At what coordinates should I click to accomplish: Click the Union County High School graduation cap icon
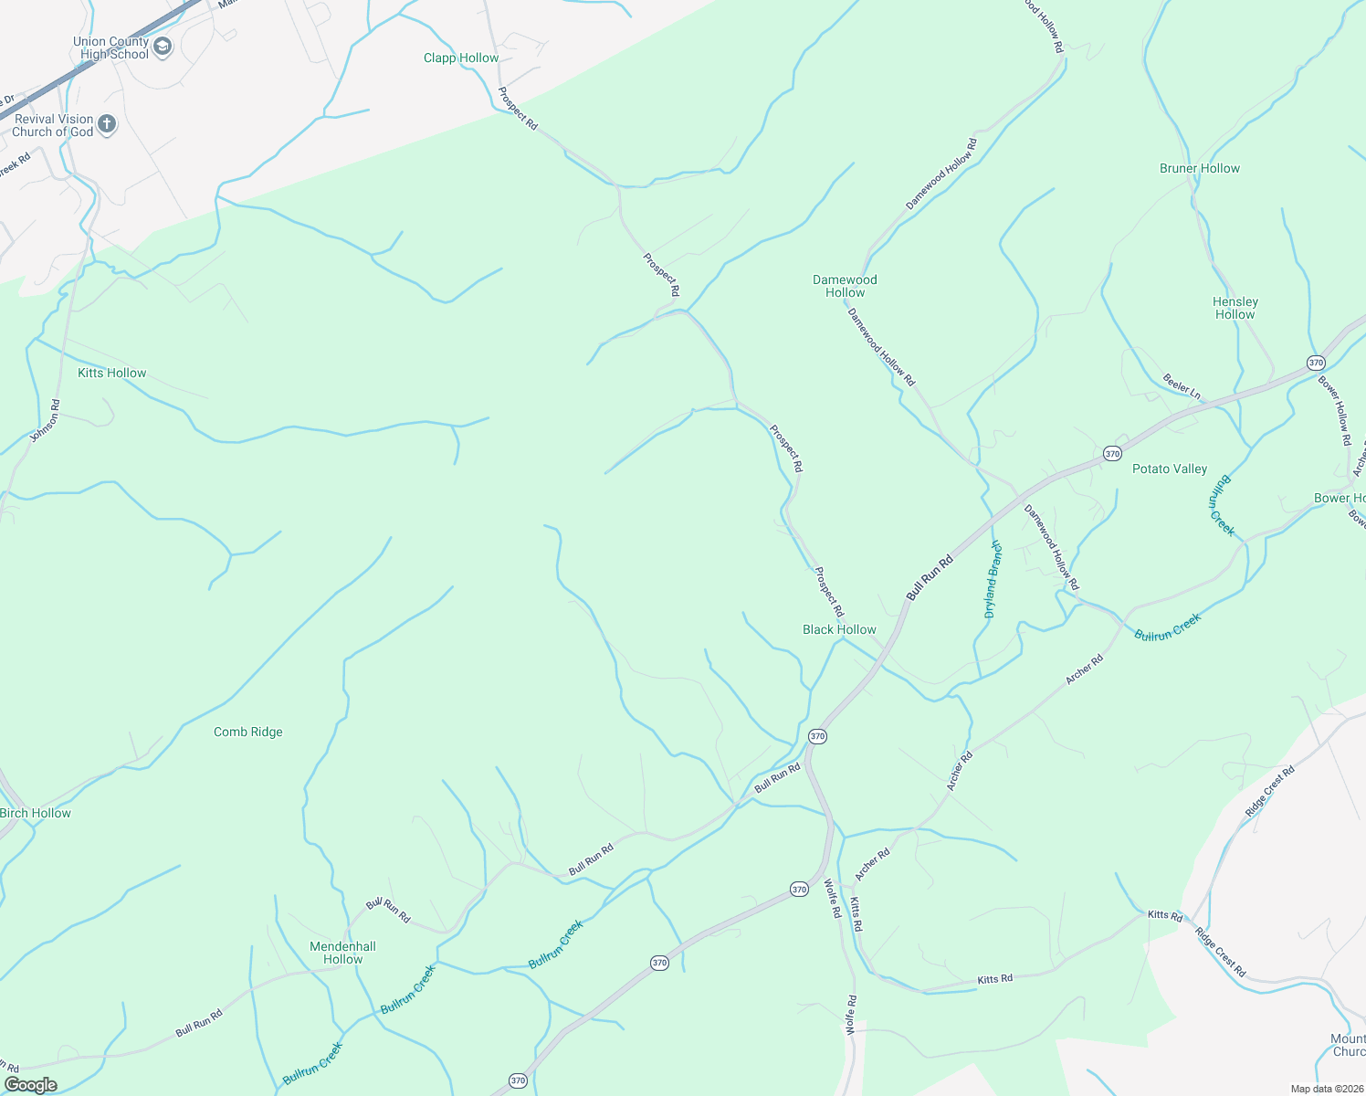(163, 47)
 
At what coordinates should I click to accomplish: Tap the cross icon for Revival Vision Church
(107, 124)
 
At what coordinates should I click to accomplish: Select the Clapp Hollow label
(461, 58)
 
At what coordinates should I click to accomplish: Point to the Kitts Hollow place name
(112, 373)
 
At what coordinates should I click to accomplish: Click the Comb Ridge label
(248, 732)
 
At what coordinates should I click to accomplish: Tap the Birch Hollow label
(36, 813)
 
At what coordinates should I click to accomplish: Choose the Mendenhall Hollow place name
(342, 953)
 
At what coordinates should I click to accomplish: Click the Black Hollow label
(839, 629)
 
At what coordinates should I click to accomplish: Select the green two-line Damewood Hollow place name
(845, 286)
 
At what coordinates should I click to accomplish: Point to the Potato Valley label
(1170, 469)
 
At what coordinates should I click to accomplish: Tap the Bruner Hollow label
(1200, 168)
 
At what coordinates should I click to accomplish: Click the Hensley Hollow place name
(1235, 308)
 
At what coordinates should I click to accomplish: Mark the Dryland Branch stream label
(993, 579)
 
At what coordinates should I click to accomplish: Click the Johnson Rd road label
(46, 421)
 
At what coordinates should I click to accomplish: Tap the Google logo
(31, 1085)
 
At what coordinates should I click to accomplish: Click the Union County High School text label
(110, 47)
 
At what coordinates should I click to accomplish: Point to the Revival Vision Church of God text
(53, 125)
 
